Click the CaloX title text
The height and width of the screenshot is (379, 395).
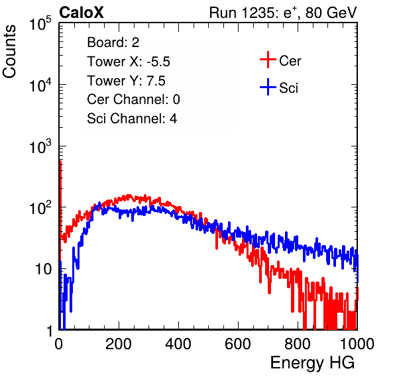tap(82, 13)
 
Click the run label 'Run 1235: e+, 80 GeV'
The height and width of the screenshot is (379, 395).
tap(283, 13)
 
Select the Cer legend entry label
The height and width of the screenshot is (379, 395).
tap(290, 61)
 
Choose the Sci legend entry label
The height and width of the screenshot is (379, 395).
tap(288, 88)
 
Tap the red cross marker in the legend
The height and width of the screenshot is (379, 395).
tap(268, 60)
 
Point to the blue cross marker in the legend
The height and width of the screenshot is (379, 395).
tap(268, 87)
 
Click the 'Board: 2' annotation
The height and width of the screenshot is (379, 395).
tap(113, 42)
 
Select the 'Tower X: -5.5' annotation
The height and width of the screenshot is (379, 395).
tap(129, 62)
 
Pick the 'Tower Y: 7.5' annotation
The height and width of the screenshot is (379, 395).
tap(126, 81)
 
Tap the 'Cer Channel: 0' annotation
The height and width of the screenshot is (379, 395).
tap(133, 99)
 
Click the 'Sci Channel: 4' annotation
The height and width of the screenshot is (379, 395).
tap(132, 118)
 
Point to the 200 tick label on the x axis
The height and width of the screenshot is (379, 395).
tap(119, 344)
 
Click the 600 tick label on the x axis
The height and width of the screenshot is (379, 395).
tap(238, 344)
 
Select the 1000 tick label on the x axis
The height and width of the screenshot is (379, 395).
tap(357, 344)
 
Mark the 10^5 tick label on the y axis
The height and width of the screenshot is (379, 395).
tap(40, 23)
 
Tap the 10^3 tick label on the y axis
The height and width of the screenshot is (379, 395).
tap(40, 146)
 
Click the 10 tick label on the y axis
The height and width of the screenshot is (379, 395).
tap(43, 269)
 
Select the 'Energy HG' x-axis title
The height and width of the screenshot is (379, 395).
tap(312, 363)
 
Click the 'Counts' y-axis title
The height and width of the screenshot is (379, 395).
tap(9, 52)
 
